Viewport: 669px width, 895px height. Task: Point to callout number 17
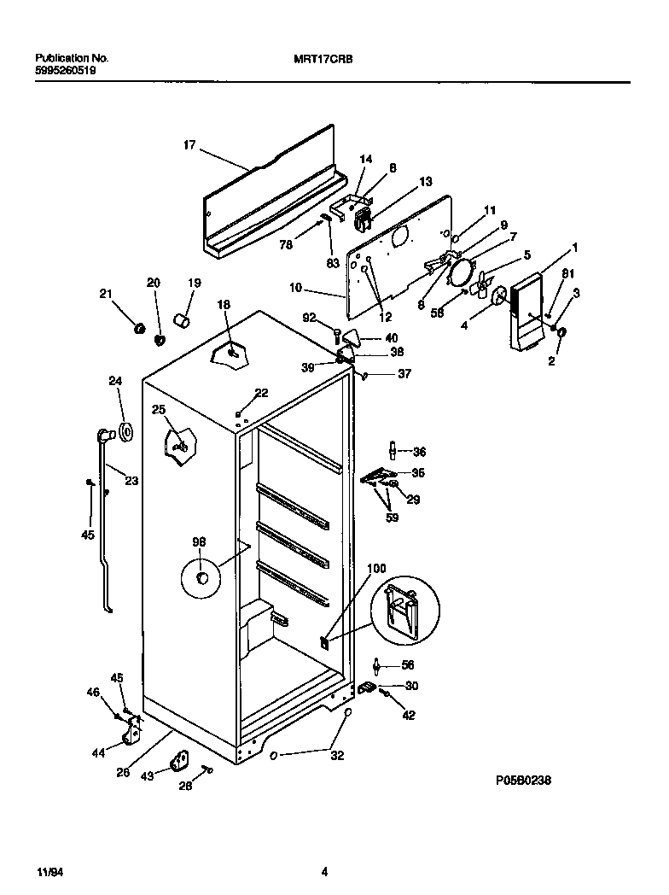[189, 146]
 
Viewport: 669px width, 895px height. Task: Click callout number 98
[199, 542]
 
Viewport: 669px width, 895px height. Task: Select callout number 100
[376, 568]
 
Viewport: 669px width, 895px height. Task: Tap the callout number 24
[115, 381]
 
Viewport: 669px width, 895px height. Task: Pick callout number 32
[337, 755]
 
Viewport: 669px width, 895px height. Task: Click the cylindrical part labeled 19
[181, 320]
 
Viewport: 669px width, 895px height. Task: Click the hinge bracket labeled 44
[132, 730]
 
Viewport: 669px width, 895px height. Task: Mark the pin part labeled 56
[376, 665]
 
